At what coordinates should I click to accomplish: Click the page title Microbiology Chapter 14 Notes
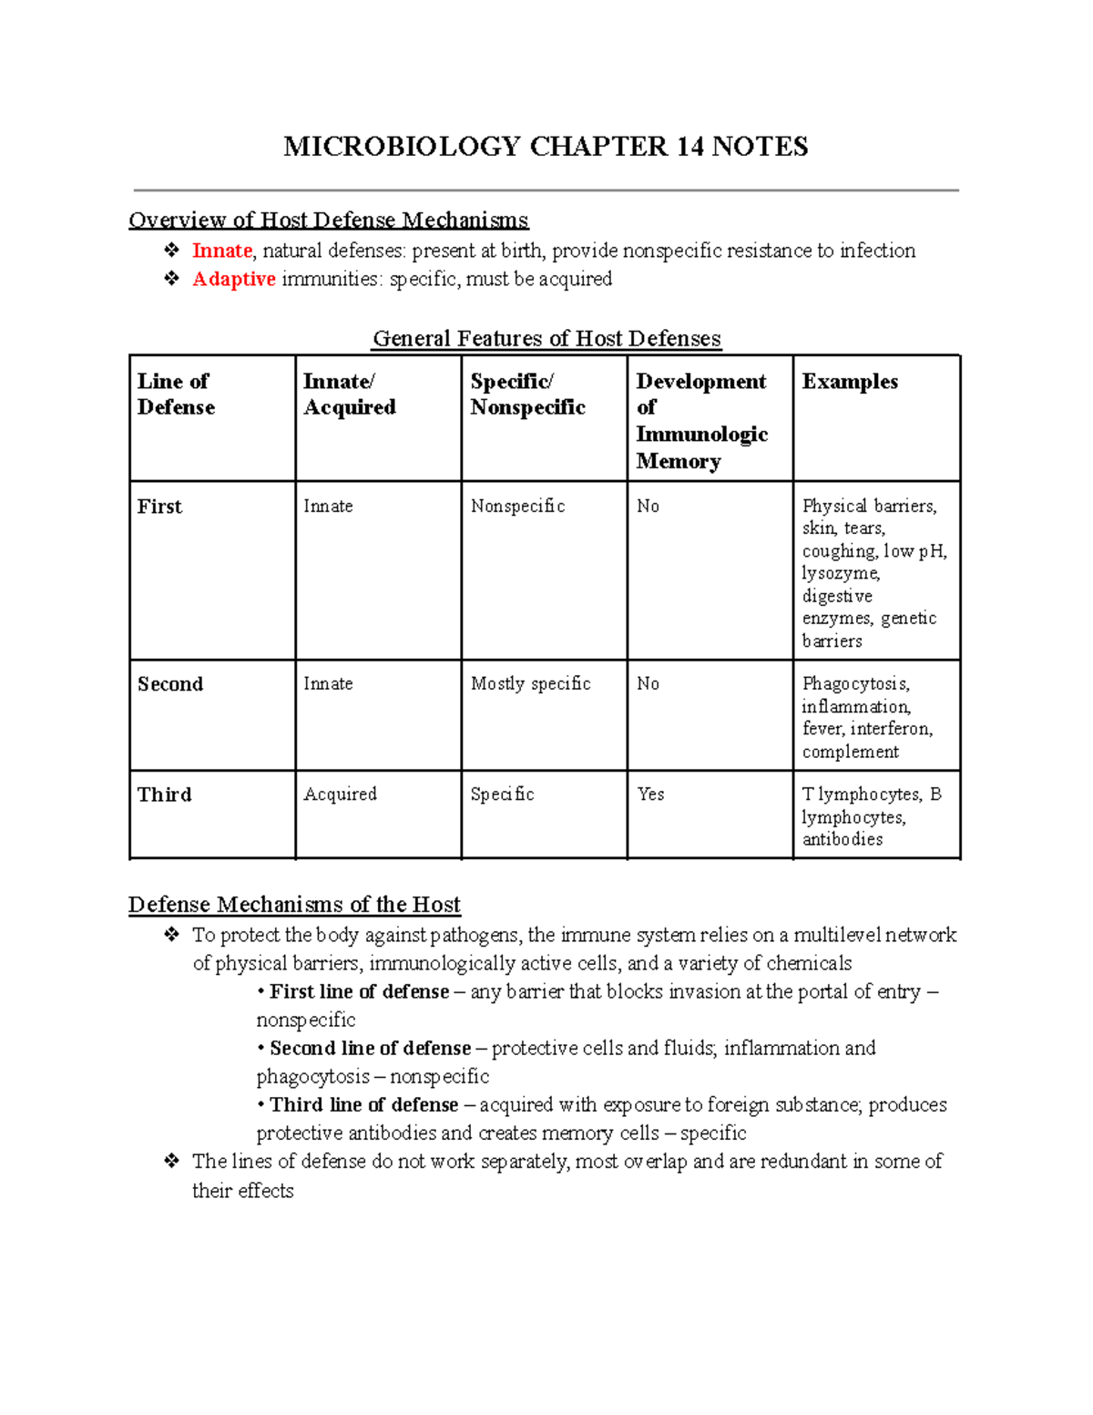pyautogui.click(x=546, y=147)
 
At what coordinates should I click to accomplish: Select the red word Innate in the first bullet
pyautogui.click(x=221, y=251)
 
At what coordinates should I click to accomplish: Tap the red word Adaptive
pyautogui.click(x=233, y=279)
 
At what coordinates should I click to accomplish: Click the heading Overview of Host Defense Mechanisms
pyautogui.click(x=328, y=220)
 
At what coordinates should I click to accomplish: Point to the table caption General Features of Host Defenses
pyautogui.click(x=546, y=338)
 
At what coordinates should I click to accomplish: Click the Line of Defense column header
pyautogui.click(x=176, y=394)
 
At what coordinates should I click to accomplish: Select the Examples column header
pyautogui.click(x=850, y=382)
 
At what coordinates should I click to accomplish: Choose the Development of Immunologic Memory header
pyautogui.click(x=701, y=420)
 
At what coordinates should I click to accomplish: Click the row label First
pyautogui.click(x=159, y=507)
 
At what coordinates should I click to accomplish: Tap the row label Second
pyautogui.click(x=170, y=684)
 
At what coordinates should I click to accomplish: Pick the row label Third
pyautogui.click(x=165, y=795)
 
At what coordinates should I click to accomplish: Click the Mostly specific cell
pyautogui.click(x=530, y=683)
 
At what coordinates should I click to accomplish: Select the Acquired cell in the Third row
pyautogui.click(x=340, y=794)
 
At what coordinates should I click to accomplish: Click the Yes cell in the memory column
pyautogui.click(x=650, y=794)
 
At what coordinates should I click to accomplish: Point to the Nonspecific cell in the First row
pyautogui.click(x=517, y=506)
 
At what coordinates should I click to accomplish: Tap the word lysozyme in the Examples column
pyautogui.click(x=840, y=573)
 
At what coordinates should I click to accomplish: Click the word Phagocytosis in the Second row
pyautogui.click(x=855, y=683)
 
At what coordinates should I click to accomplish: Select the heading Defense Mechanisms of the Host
pyautogui.click(x=294, y=904)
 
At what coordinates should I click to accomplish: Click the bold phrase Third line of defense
pyautogui.click(x=363, y=1104)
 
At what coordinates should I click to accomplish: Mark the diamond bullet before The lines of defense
pyautogui.click(x=171, y=1161)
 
